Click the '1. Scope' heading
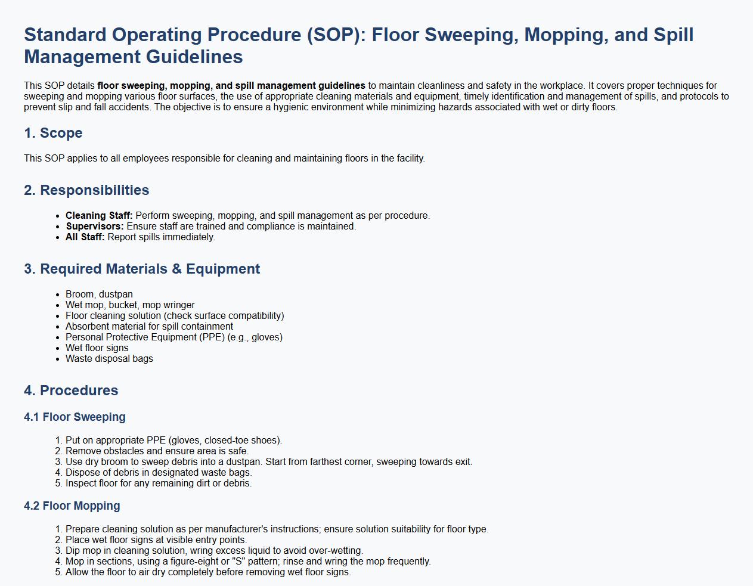pos(53,133)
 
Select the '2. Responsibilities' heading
pos(86,190)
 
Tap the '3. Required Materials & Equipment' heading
pos(142,269)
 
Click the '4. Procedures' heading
pos(71,390)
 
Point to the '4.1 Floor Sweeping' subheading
pos(75,417)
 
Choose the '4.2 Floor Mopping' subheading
pos(72,506)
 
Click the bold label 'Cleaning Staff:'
pos(99,216)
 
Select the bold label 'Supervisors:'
pos(95,227)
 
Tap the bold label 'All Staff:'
pos(85,237)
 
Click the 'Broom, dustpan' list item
pos(99,294)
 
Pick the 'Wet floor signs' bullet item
pos(97,348)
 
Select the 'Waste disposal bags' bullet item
pos(109,359)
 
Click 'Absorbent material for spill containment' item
pos(149,327)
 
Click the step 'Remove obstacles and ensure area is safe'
pos(157,451)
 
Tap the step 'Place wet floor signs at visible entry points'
pos(156,540)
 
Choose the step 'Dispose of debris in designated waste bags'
pos(159,473)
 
